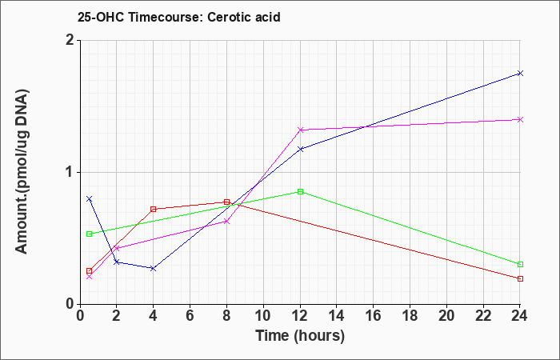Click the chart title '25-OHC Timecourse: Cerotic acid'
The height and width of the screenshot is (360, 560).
click(179, 17)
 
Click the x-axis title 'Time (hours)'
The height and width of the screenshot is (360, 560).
click(300, 336)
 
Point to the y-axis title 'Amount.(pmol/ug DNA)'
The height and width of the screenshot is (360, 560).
click(22, 172)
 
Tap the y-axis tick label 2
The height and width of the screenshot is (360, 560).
click(71, 40)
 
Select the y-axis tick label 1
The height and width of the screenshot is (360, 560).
click(71, 173)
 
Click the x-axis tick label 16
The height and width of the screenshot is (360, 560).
click(374, 316)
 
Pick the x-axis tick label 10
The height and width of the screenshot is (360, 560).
click(263, 316)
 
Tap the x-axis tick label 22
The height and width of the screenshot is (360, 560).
click(483, 316)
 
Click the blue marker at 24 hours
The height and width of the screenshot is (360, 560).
click(520, 74)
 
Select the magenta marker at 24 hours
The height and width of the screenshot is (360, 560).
click(520, 119)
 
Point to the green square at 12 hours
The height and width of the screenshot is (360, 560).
click(300, 192)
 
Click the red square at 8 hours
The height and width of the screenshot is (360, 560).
click(226, 202)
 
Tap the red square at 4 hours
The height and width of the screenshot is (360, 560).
click(154, 210)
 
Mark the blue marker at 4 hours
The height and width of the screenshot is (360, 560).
click(154, 268)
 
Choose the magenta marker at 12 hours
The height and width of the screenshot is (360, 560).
click(300, 130)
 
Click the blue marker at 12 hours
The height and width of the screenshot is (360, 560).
click(300, 149)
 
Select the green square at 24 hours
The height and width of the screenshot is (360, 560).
click(520, 264)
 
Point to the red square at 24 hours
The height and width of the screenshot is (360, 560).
click(520, 278)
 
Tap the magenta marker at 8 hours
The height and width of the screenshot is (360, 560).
click(226, 222)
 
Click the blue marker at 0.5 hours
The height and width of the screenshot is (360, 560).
click(90, 198)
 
